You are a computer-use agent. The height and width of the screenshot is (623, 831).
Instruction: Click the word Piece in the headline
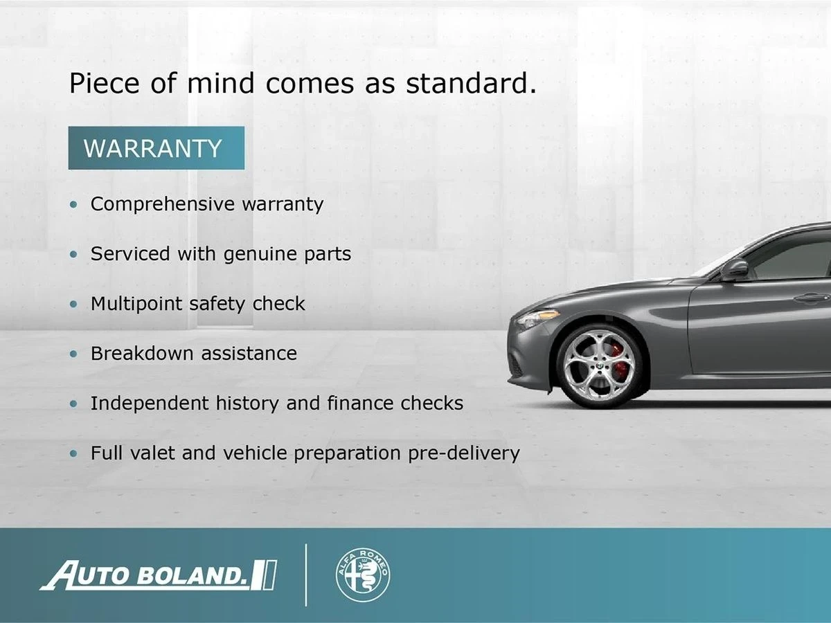[x=105, y=83]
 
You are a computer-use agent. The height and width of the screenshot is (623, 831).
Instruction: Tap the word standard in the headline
[x=471, y=83]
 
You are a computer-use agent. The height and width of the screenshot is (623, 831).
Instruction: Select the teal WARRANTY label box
[x=157, y=148]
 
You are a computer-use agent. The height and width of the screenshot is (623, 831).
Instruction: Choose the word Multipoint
[x=136, y=305]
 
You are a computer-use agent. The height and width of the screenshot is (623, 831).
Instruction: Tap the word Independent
[x=150, y=404]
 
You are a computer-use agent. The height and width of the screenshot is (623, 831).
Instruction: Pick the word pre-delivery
[x=464, y=454]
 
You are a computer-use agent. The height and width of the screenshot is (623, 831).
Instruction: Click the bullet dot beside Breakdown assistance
[x=73, y=354]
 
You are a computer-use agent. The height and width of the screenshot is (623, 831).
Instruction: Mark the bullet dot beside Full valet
[x=73, y=453]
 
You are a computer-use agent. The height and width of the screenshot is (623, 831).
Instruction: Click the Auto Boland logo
[x=159, y=575]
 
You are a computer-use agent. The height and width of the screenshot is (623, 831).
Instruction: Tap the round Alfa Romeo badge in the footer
[x=363, y=575]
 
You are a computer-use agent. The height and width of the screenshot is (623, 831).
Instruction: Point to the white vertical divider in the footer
[x=306, y=575]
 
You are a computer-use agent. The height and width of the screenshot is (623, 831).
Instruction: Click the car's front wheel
[x=600, y=366]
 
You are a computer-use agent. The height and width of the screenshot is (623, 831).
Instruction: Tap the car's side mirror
[x=735, y=270]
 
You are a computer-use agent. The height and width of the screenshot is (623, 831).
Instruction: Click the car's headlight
[x=537, y=318]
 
